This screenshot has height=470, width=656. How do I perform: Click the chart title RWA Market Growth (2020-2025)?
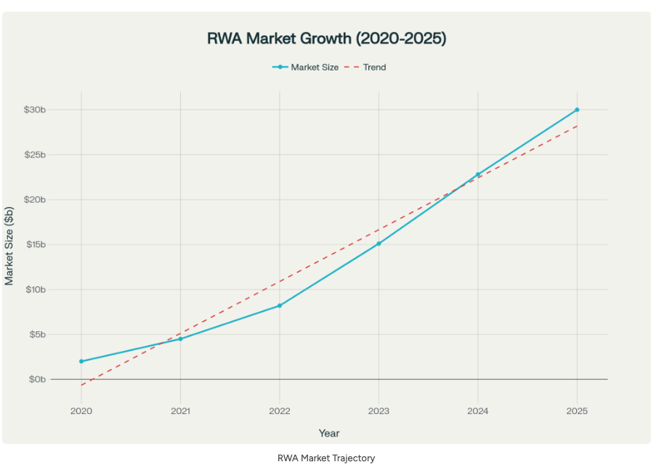coord(327,39)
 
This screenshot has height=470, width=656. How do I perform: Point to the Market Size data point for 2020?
coord(81,361)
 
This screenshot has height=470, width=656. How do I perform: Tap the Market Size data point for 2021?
coord(180,339)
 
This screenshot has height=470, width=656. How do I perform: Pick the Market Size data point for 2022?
coord(280,306)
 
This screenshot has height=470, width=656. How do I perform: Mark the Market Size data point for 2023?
coord(378,243)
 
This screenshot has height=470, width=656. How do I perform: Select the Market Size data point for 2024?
coord(478,174)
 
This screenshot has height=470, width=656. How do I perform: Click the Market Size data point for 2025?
coord(577,110)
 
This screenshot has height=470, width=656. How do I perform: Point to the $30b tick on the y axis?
coord(34,110)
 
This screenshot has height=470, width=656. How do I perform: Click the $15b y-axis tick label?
coord(34,244)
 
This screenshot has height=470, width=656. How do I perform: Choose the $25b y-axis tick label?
coord(34,155)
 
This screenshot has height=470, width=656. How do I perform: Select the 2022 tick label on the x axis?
coord(280,410)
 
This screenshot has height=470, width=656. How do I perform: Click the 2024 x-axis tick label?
coord(478,410)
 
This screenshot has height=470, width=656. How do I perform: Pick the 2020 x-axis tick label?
coord(81,410)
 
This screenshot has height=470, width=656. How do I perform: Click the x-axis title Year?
coord(328,433)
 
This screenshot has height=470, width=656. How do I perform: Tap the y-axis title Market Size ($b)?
coord(9,245)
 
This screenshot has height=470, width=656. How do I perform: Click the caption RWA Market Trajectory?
coord(326,458)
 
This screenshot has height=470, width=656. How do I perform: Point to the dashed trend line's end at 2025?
coord(577,126)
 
